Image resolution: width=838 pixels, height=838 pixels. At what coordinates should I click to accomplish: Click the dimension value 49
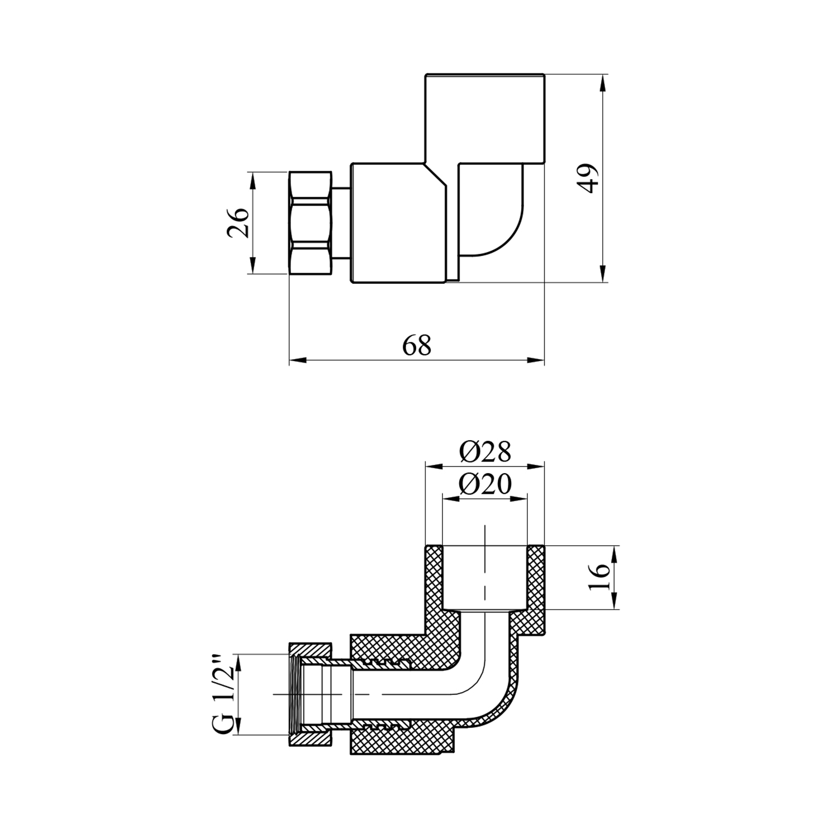[x=588, y=178]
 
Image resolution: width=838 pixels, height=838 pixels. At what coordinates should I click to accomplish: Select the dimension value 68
[x=417, y=346]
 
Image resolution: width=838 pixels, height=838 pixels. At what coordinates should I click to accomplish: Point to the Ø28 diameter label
[x=485, y=452]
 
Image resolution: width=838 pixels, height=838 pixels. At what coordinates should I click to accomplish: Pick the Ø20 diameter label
[x=485, y=484]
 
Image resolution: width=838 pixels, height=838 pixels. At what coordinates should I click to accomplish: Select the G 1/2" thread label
[x=222, y=694]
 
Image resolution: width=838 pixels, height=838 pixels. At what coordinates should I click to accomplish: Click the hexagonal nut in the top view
[x=310, y=223]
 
